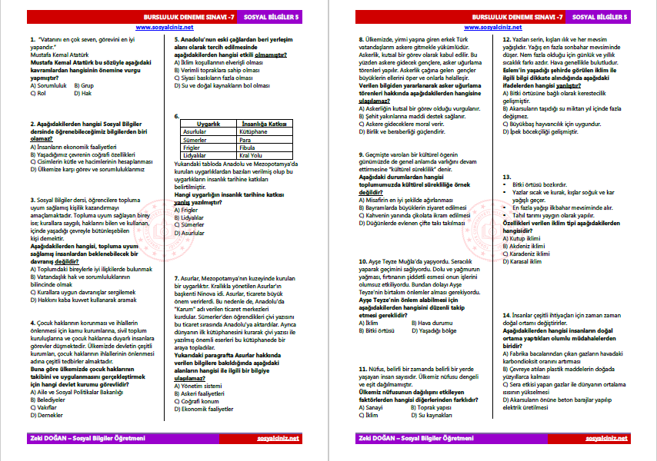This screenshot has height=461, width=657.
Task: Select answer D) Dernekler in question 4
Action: pyautogui.click(x=45, y=415)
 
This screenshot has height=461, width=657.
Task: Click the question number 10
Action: pyautogui.click(x=362, y=261)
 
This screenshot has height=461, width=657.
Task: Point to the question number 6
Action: pyautogui.click(x=177, y=117)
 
